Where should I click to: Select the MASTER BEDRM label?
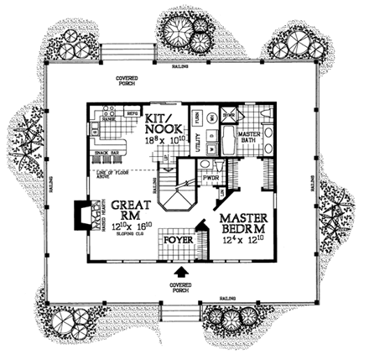click(243, 224)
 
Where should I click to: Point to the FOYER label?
click(179, 240)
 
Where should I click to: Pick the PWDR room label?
click(210, 179)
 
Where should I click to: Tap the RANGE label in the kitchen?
click(107, 120)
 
